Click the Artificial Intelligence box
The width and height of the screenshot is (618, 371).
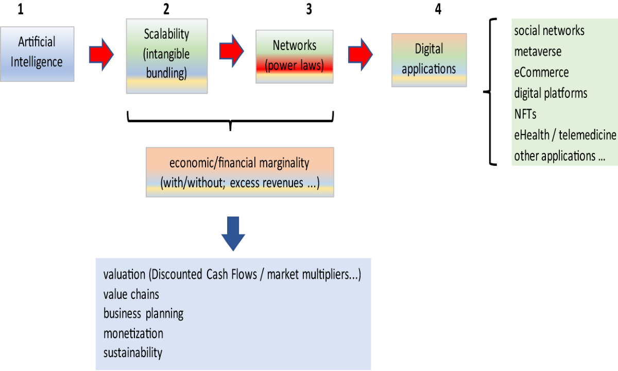pos(37,54)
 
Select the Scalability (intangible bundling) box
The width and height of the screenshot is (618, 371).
pos(167,56)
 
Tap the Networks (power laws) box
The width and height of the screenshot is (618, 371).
pos(294,56)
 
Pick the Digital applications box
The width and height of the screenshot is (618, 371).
pos(429,59)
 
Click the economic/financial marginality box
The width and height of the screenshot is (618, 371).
pos(239,172)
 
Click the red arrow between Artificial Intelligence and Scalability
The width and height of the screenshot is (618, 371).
pos(100,54)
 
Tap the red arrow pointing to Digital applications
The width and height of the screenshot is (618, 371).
pos(360,53)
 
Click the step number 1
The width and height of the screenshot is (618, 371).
pos(21,9)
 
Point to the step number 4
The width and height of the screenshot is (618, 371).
pos(438,9)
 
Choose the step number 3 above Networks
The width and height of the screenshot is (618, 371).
pos(308,9)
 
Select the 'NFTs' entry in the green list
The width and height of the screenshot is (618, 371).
pos(525,114)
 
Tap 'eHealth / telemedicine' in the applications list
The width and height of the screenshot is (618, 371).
pos(564,135)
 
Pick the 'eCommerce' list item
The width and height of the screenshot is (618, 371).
pos(541,72)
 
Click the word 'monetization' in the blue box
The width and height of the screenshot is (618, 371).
pos(133,333)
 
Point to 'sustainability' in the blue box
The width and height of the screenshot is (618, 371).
pos(132,353)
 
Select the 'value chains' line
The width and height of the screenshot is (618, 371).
pos(131,294)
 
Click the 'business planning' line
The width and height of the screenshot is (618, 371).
pos(143,313)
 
